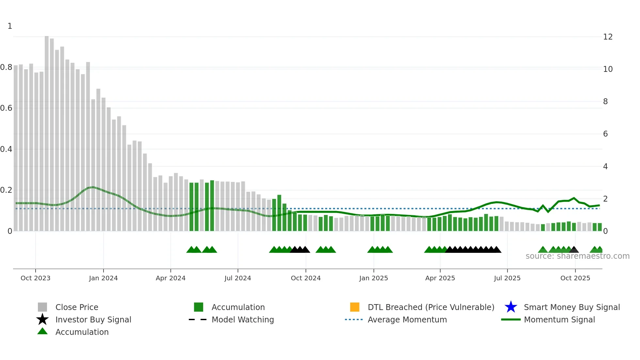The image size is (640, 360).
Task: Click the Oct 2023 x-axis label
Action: (35, 278)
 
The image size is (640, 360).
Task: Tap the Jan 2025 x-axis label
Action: (374, 278)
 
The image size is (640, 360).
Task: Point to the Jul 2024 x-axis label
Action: (238, 278)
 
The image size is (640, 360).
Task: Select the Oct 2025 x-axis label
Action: (575, 278)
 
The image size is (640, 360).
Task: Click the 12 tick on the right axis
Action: (608, 37)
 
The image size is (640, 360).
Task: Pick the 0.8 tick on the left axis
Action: (6, 67)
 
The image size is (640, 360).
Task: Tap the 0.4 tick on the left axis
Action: (6, 149)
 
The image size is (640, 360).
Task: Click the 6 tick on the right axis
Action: (605, 134)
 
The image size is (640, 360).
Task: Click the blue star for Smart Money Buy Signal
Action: (511, 307)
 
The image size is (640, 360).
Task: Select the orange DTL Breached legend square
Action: (355, 307)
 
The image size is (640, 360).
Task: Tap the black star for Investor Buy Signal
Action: (42, 319)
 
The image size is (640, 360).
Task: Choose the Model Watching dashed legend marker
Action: (198, 319)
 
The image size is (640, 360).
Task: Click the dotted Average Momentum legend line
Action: (354, 319)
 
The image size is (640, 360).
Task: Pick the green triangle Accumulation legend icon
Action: (42, 331)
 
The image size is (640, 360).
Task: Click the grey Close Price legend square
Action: (42, 307)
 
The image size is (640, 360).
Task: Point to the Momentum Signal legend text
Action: (559, 319)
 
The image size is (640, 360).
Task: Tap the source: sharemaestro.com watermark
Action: (577, 256)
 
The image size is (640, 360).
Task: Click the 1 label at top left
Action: (10, 26)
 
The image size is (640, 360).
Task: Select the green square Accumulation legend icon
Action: (199, 307)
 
